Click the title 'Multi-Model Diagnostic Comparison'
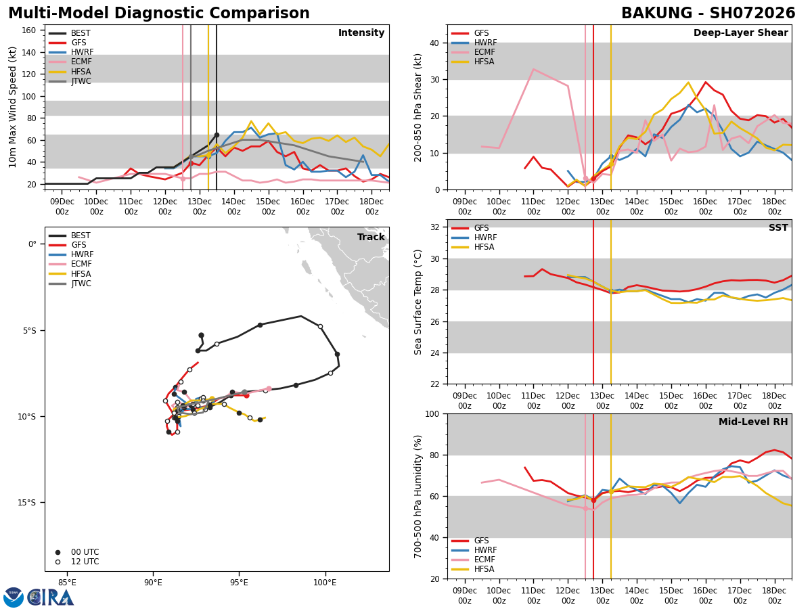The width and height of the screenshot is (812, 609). point(159,14)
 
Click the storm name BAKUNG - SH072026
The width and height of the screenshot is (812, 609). point(708,14)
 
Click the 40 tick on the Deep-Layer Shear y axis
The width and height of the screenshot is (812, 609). point(434,43)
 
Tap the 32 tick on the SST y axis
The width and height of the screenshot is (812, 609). point(434,227)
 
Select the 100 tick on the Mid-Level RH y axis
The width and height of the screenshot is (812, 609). point(431,413)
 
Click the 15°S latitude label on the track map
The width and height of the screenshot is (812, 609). point(27,502)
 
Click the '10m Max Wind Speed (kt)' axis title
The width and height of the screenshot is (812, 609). point(12,107)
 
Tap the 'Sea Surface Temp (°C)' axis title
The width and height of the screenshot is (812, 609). point(418,302)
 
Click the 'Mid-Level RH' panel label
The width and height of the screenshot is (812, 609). point(753,422)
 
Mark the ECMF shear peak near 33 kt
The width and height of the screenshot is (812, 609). point(533,69)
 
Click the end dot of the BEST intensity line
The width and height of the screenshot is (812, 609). point(217,135)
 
